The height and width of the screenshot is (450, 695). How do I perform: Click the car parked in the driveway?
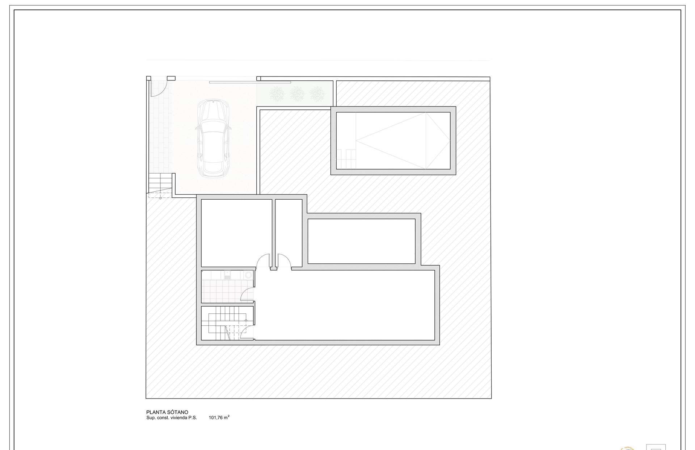pyautogui.click(x=212, y=139)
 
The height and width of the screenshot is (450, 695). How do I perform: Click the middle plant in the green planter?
pyautogui.click(x=297, y=94)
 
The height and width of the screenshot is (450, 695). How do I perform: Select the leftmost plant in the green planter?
pyautogui.click(x=277, y=94)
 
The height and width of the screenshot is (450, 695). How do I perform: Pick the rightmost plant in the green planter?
pyautogui.click(x=317, y=94)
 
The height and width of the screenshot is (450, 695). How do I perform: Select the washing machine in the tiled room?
pyautogui.click(x=248, y=275)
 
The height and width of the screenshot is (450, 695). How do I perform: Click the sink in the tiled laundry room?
pyautogui.click(x=228, y=275)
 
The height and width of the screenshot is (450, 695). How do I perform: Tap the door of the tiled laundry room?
pyautogui.click(x=247, y=293)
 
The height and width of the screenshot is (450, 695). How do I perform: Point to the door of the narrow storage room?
pyautogui.click(x=285, y=261)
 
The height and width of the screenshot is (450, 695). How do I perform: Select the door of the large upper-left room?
pyautogui.click(x=263, y=261)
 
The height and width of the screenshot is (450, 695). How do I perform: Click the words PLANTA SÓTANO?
pyautogui.click(x=167, y=412)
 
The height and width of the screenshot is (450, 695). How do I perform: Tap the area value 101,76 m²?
pyautogui.click(x=219, y=417)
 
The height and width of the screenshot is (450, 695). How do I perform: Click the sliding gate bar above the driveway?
pyautogui.click(x=250, y=82)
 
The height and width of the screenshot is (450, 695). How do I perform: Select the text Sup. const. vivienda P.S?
pyautogui.click(x=172, y=418)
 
